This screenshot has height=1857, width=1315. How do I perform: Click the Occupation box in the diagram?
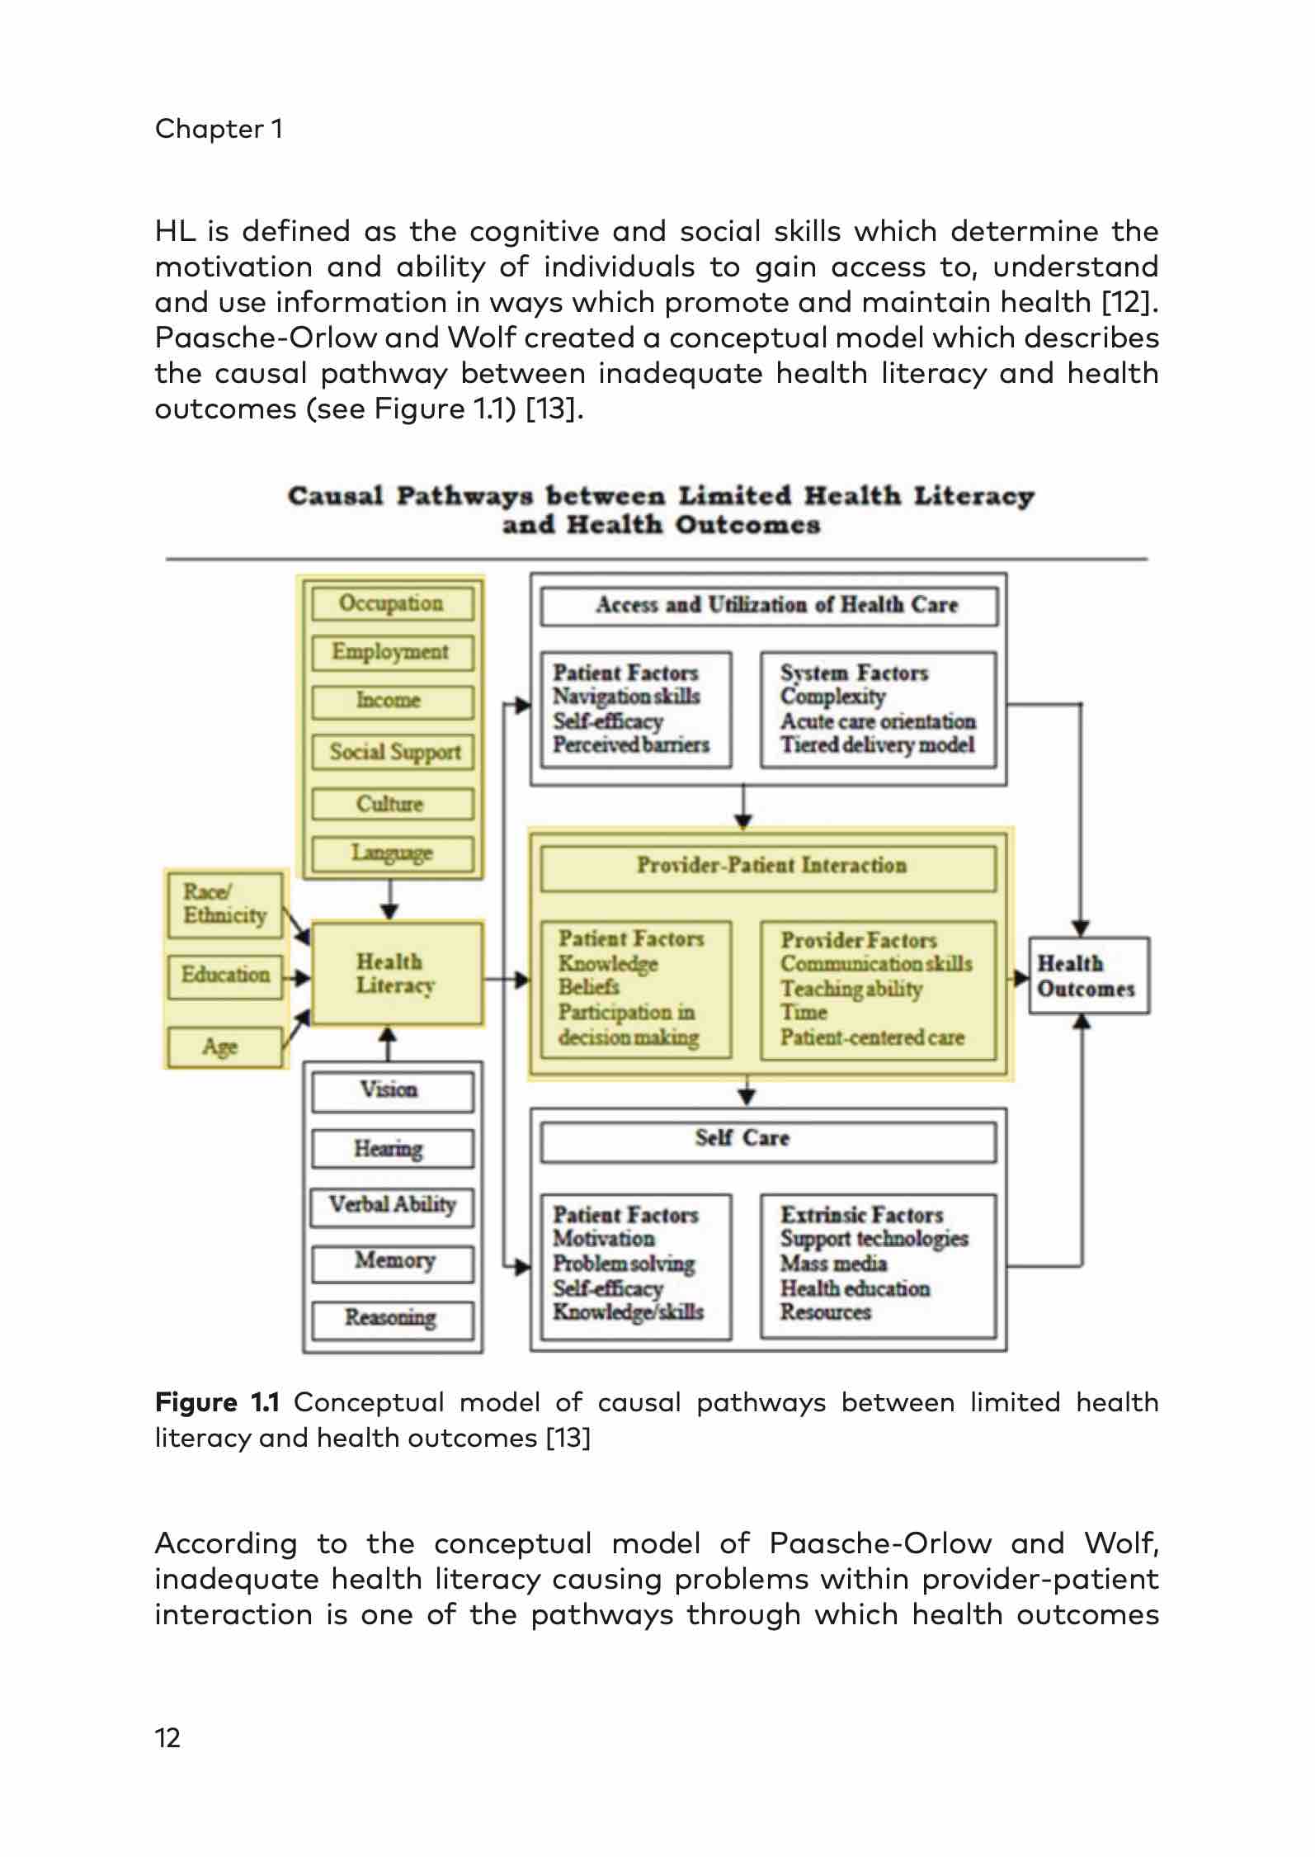tap(392, 603)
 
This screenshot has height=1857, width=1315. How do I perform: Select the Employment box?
tap(392, 652)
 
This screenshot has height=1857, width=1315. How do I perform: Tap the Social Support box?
tap(393, 752)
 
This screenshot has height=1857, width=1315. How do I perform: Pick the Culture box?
tap(392, 803)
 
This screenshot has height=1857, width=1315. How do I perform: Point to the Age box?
tap(224, 1047)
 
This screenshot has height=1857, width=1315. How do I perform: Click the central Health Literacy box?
tap(396, 974)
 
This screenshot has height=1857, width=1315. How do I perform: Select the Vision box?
tap(392, 1090)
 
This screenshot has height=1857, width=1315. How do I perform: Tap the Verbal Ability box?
tap(393, 1205)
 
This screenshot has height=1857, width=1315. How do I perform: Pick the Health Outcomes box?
tap(1088, 976)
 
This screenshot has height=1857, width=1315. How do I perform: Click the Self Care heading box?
tap(768, 1140)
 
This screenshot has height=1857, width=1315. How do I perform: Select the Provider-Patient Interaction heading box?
tap(768, 867)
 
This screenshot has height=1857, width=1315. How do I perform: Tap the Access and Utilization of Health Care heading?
tap(768, 606)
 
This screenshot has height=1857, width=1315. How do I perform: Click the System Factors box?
tap(878, 710)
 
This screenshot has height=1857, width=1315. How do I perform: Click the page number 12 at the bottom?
tap(167, 1738)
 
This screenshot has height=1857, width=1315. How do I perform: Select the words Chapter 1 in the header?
tap(219, 129)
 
